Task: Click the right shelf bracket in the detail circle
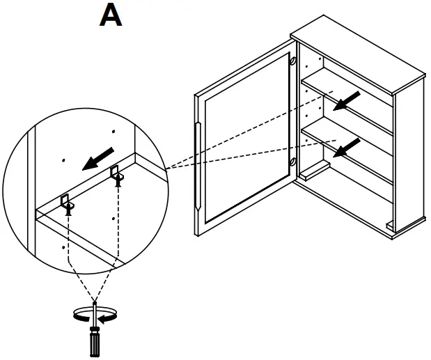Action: [x=116, y=173]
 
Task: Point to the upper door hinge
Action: [x=293, y=62]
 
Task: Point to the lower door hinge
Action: [x=292, y=166]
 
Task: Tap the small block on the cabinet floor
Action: [x=314, y=169]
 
